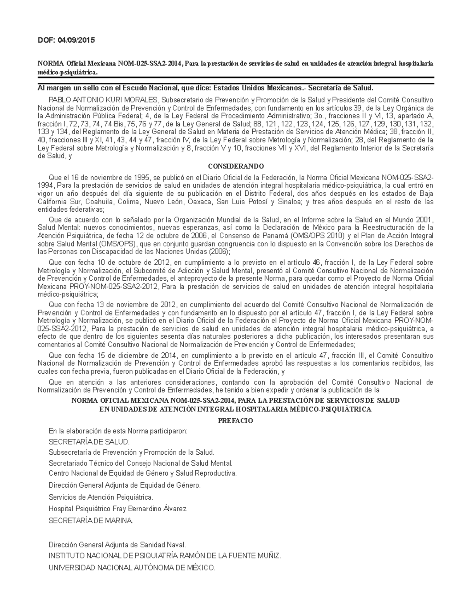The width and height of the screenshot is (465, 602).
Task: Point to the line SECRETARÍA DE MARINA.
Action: pos(91,521)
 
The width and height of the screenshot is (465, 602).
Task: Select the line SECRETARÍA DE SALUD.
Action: pos(89,442)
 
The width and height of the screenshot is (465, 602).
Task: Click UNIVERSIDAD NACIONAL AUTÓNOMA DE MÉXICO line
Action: pos(132,568)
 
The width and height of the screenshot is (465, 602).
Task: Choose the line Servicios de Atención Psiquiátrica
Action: pos(101,497)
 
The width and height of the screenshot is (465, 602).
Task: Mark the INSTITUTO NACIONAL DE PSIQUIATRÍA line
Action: pos(164,556)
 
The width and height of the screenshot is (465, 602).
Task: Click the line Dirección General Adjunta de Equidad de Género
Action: pos(125,485)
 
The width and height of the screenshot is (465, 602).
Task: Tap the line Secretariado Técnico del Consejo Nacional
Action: pos(141,463)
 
